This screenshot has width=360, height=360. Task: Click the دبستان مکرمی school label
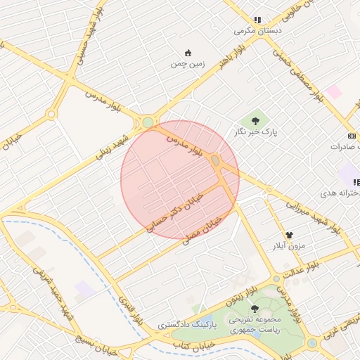point(258,31)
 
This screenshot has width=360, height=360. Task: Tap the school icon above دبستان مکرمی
point(258,20)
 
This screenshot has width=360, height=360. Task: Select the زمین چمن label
point(187,64)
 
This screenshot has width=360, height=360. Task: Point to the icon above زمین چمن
point(188,53)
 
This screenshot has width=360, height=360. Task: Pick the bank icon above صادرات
point(352,135)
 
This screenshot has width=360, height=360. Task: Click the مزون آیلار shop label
point(288,246)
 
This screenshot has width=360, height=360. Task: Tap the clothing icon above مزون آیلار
point(288,235)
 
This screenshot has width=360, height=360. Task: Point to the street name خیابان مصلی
point(202,230)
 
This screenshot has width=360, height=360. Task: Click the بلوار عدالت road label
point(302,265)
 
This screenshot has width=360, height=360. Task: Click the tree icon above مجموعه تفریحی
point(255,308)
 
